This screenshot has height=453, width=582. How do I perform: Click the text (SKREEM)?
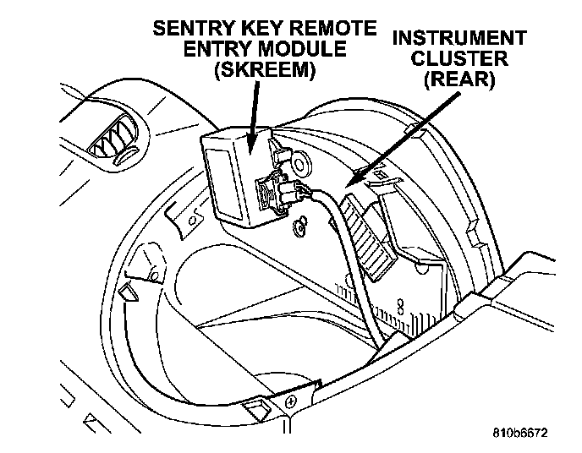point(265,70)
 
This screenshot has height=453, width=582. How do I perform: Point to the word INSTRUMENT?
point(459,38)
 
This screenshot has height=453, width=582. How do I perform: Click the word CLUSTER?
point(459,58)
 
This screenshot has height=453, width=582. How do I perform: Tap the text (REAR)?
point(459,79)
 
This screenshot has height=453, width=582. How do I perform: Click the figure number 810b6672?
point(520,433)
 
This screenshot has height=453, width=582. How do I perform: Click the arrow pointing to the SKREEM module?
point(252,117)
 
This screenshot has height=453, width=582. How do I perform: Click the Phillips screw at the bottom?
point(290,401)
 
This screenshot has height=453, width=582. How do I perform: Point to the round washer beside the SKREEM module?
point(300,161)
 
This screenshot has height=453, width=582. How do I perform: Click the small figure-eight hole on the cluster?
point(400,306)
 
